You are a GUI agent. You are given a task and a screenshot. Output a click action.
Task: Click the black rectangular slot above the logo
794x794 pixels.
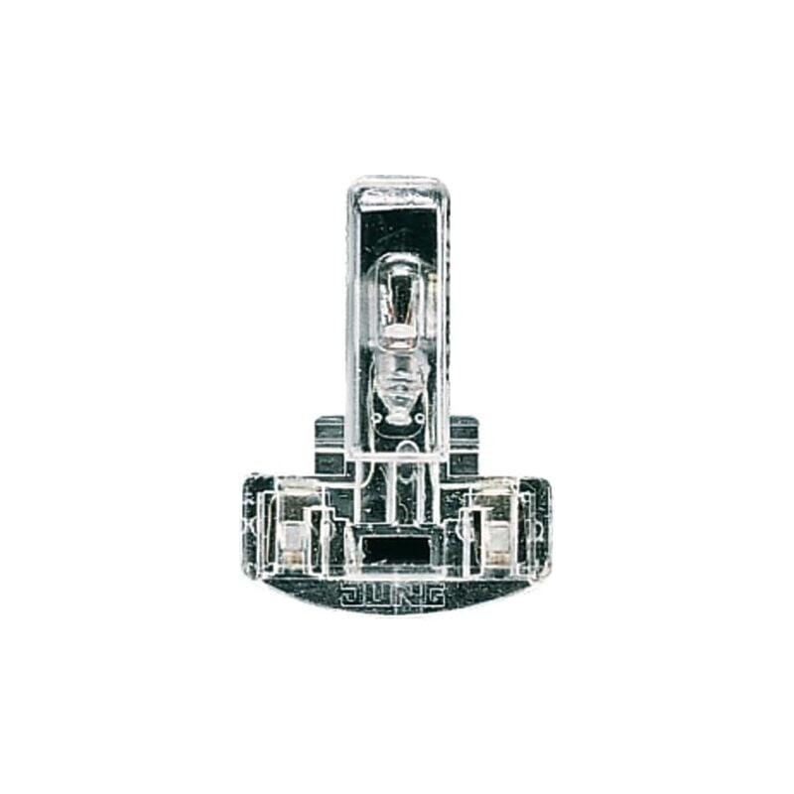pyautogui.click(x=395, y=546)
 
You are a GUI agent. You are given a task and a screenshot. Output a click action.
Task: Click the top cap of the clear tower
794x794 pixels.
pyautogui.click(x=397, y=189)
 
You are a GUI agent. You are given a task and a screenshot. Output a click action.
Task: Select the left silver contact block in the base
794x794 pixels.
pyautogui.click(x=293, y=536)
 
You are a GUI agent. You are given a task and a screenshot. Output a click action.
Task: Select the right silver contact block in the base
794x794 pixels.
pyautogui.click(x=498, y=536)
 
